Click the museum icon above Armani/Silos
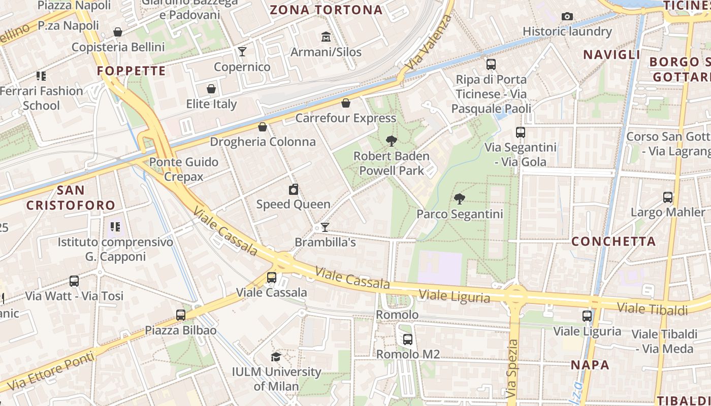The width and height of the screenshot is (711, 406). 326,37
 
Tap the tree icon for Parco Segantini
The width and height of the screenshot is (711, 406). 460,199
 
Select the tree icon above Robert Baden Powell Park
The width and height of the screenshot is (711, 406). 391,141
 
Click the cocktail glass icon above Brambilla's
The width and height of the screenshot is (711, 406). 325,227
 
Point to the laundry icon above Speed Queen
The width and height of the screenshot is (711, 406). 293,190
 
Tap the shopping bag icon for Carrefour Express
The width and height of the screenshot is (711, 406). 346,104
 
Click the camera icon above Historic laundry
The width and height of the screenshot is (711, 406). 567,17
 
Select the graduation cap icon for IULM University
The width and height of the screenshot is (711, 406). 276,357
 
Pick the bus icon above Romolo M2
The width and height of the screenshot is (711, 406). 407,340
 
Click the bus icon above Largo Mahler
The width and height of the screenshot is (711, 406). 668,197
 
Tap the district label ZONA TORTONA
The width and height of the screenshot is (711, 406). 326,10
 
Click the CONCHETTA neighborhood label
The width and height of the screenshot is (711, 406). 613,242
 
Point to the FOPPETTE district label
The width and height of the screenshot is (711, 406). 132,71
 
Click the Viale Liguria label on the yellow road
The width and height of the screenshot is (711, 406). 455,295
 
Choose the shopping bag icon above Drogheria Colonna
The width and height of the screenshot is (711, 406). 263,127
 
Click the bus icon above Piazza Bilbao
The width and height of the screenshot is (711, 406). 181,315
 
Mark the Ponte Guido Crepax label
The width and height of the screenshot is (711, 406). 183,169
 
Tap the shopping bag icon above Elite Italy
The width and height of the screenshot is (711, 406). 211,89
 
